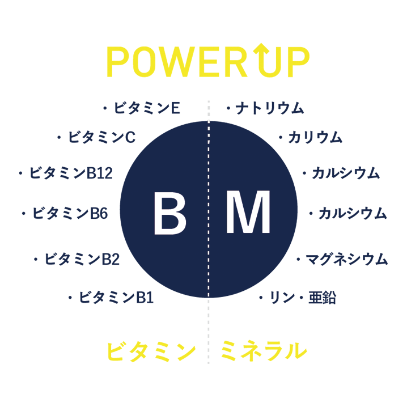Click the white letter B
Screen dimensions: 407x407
click(169, 214)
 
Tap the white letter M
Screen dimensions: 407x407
click(248, 214)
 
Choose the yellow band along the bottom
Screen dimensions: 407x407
click(113, 351)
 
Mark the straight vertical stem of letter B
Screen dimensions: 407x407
click(158, 214)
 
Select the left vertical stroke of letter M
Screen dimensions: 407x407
click(230, 214)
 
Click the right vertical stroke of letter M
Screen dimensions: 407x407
click(267, 214)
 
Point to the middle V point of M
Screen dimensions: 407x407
click(248, 230)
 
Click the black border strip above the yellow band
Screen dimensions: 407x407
click(203, 20)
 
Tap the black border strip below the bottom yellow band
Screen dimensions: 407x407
click(203, 385)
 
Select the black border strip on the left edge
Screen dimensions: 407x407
click(9, 203)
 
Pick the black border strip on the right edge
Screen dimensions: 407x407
click(397, 203)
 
